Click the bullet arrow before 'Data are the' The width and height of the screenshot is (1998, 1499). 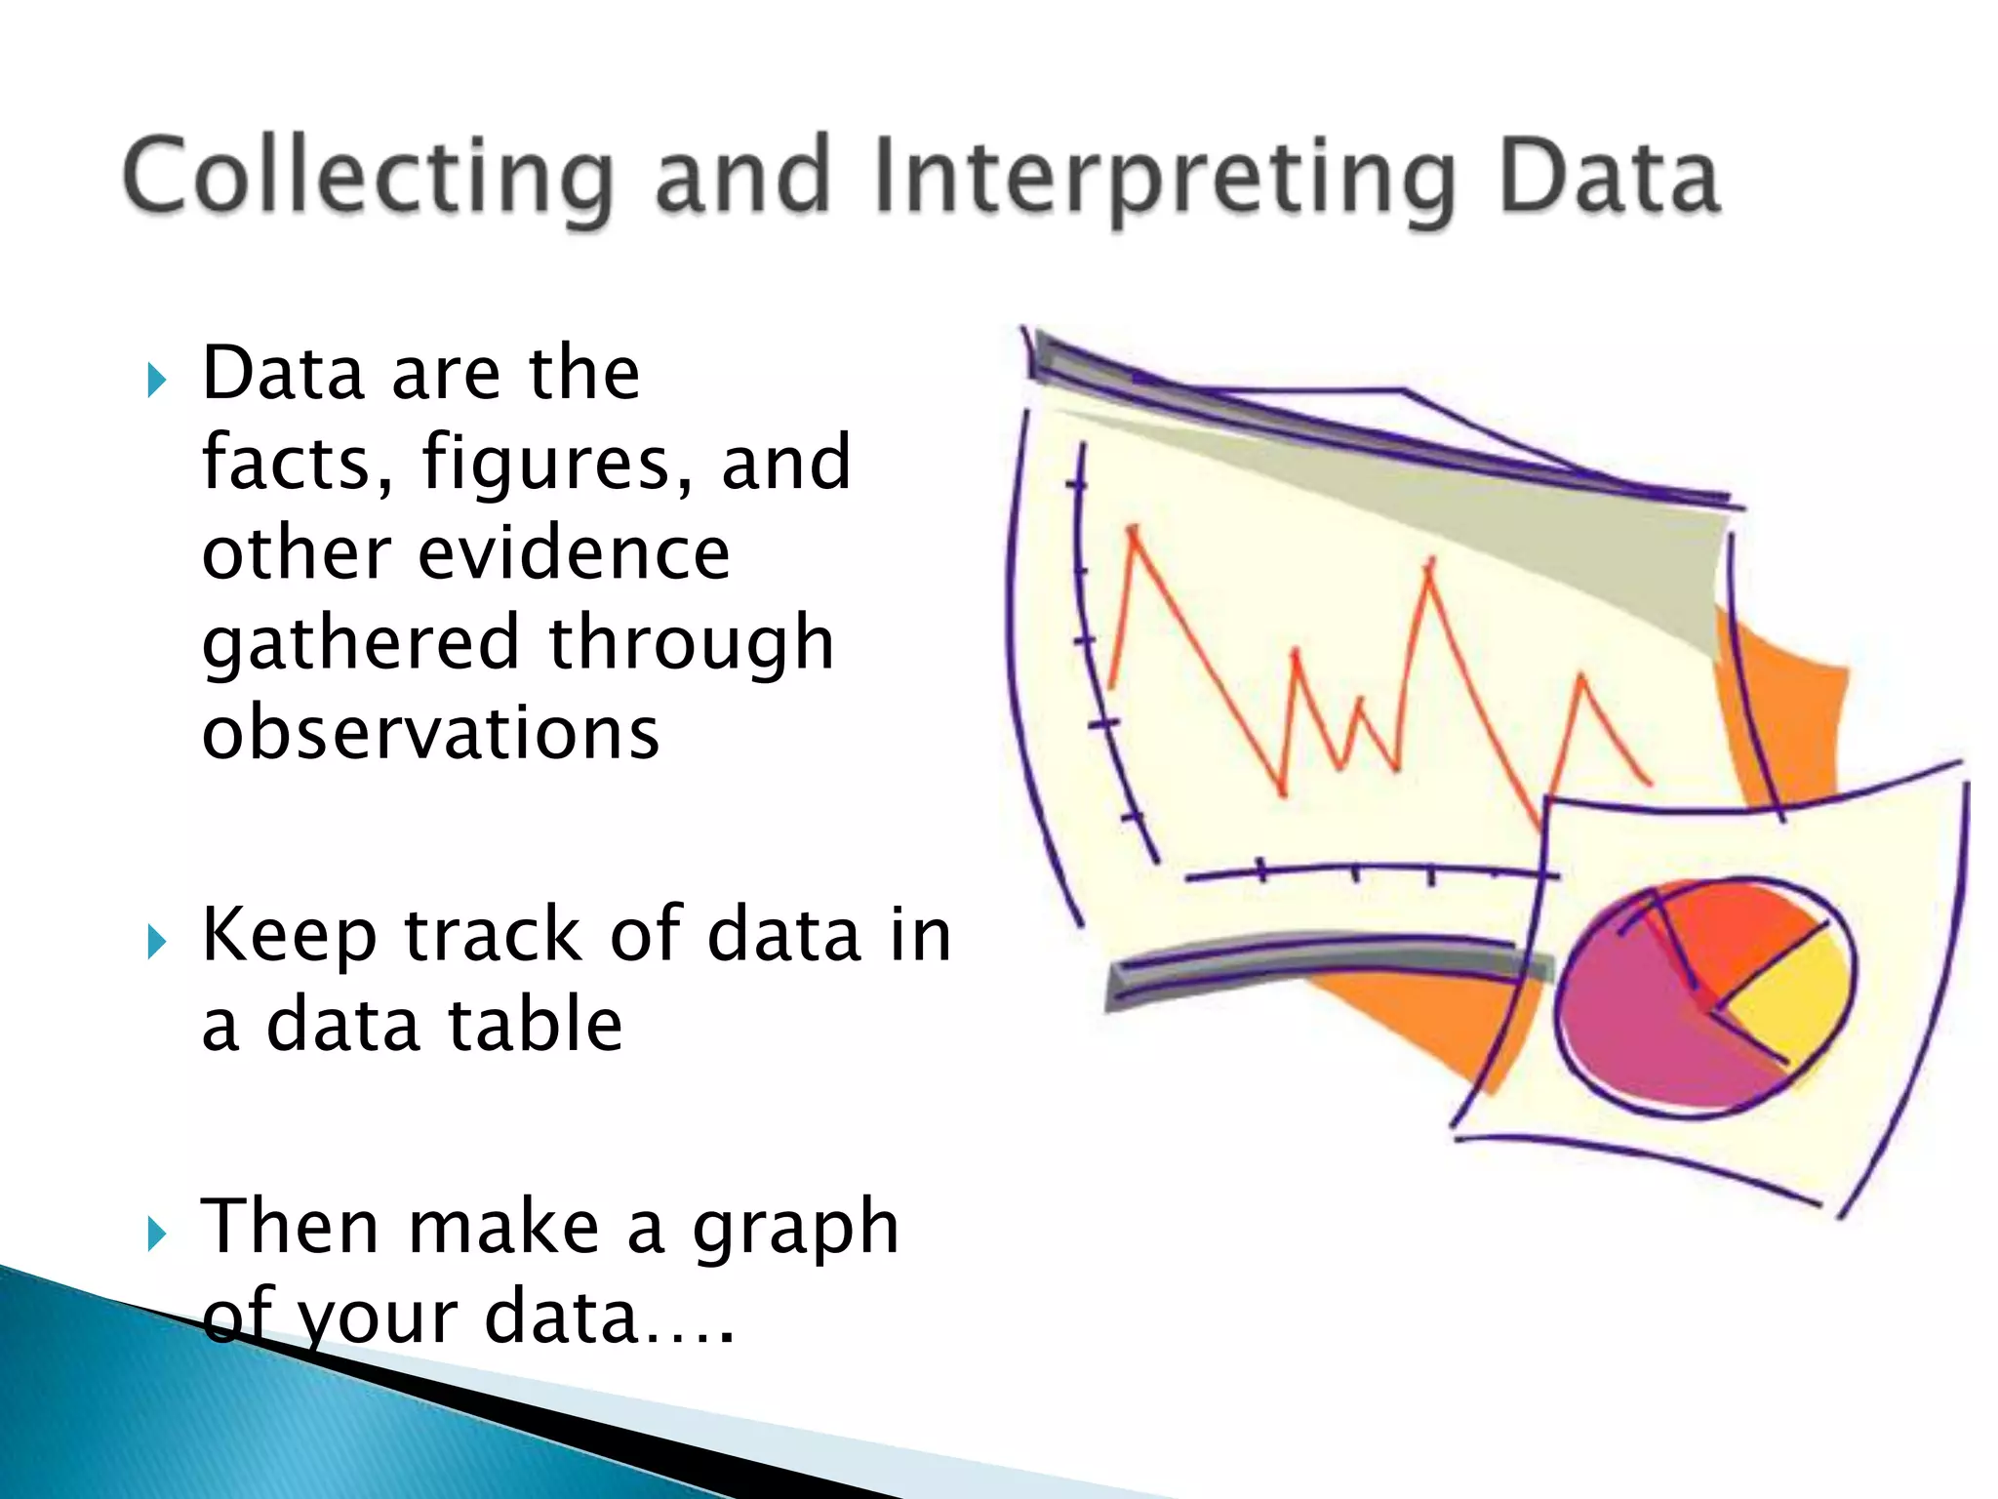pos(156,380)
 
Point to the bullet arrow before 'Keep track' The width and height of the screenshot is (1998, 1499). pos(156,942)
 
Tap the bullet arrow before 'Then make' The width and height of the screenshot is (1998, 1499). pos(156,1234)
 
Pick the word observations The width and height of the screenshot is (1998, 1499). pos(430,733)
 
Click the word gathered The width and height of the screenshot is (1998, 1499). pos(360,644)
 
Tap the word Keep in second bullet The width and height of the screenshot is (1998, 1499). pos(289,935)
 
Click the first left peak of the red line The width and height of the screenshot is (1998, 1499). pos(1133,532)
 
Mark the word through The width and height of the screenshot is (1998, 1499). pos(691,644)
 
